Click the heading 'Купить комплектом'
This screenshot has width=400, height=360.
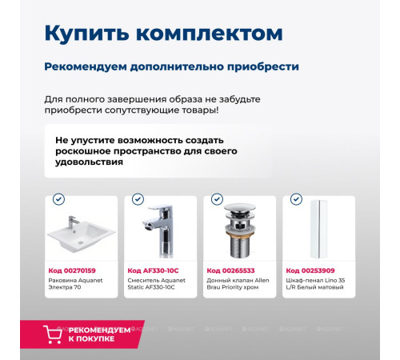tap(163, 34)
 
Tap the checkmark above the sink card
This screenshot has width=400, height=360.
tap(58, 199)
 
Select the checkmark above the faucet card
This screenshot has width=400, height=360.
tap(138, 199)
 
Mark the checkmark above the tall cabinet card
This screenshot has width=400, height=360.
tap(296, 199)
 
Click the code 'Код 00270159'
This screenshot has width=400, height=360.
tap(72, 270)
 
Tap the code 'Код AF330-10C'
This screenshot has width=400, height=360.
tap(153, 270)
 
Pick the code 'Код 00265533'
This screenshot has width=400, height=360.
tap(230, 270)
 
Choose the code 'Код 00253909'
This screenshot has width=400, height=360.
tap(310, 270)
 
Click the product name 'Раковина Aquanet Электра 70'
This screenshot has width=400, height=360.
tap(78, 284)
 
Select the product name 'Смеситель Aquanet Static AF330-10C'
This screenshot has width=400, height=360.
tap(158, 284)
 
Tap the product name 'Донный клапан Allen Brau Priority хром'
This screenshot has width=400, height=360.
tap(238, 284)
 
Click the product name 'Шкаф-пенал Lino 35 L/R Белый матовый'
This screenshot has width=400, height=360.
tap(317, 284)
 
